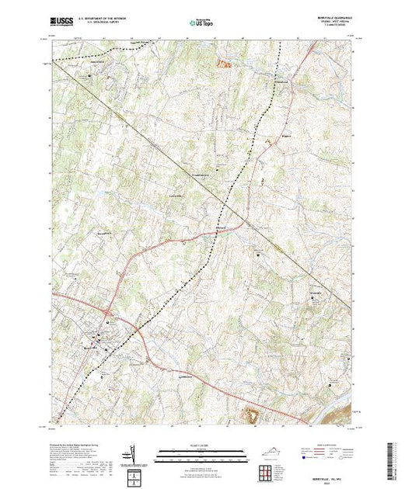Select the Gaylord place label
[222, 226]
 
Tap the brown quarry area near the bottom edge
[253, 416]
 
